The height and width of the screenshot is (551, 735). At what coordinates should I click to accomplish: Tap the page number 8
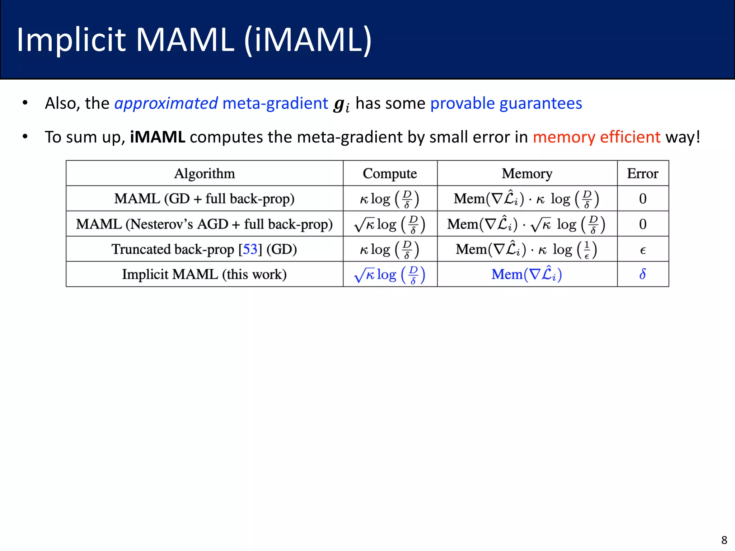pyautogui.click(x=724, y=540)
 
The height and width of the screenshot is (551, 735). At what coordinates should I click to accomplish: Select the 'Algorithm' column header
pyautogui.click(x=205, y=174)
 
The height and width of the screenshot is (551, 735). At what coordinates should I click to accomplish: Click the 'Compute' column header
pyautogui.click(x=390, y=174)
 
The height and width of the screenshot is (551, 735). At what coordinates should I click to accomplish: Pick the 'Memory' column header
pyautogui.click(x=527, y=174)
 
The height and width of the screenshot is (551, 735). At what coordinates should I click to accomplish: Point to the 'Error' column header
pyautogui.click(x=642, y=174)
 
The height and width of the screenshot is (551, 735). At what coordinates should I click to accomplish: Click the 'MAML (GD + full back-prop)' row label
pyautogui.click(x=204, y=199)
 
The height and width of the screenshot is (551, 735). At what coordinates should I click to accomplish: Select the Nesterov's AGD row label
pyautogui.click(x=204, y=224)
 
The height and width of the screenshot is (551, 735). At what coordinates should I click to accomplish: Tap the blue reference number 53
pyautogui.click(x=250, y=249)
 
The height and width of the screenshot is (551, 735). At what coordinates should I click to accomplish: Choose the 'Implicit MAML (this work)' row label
pyautogui.click(x=204, y=274)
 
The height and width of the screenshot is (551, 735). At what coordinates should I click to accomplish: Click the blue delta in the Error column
pyautogui.click(x=642, y=274)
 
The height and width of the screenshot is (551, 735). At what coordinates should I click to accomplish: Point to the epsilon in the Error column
pyautogui.click(x=642, y=250)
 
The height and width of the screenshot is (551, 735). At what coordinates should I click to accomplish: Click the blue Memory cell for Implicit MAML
pyautogui.click(x=526, y=274)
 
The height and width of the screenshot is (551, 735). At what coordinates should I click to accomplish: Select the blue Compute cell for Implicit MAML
pyautogui.click(x=390, y=275)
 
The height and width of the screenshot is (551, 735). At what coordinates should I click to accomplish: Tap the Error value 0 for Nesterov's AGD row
pyautogui.click(x=642, y=224)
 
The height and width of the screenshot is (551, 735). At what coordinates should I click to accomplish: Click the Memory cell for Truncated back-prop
pyautogui.click(x=526, y=249)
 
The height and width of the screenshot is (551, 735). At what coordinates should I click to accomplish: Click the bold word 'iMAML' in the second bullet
pyautogui.click(x=158, y=137)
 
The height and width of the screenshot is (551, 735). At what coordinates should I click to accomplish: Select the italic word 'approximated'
pyautogui.click(x=166, y=103)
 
